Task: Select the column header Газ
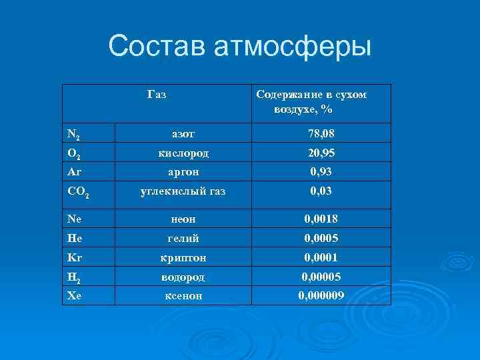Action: point(157,95)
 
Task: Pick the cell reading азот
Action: point(183,134)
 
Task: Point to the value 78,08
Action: point(321,134)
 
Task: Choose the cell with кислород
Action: point(183,153)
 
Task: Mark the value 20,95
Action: point(321,153)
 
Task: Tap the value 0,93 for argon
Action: point(321,171)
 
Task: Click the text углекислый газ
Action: point(183,191)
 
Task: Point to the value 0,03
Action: point(321,191)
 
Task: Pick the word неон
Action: point(183,218)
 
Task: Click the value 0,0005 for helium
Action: point(321,237)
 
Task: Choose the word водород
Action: point(183,275)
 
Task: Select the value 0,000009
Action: point(321,294)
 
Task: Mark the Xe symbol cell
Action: point(73,294)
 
